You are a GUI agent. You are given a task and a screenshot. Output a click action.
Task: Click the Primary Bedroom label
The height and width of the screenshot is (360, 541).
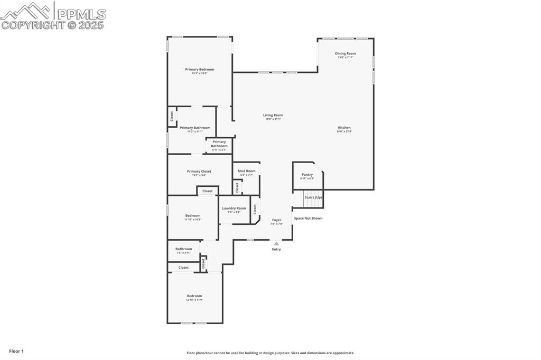pos(199,70)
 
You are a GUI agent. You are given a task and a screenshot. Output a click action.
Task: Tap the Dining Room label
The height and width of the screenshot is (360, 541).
pos(345,53)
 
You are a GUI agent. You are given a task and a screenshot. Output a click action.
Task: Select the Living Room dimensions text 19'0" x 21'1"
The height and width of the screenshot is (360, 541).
pos(273,119)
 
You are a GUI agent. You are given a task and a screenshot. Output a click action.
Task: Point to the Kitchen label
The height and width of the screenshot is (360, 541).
pos(344,128)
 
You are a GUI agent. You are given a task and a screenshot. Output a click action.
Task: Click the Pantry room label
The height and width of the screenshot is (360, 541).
pos(307,175)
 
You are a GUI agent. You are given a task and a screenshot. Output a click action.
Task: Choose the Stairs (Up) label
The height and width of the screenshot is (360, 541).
pos(313,197)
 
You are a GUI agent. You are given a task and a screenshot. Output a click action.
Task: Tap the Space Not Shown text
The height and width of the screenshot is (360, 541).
pos(308,218)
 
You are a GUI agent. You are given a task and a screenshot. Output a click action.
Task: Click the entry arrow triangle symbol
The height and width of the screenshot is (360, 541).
pos(276,243)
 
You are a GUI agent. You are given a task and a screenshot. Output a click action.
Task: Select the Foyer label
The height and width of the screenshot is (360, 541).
pos(277,220)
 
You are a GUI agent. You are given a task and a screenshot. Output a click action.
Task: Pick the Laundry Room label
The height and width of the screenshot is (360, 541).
pos(234,208)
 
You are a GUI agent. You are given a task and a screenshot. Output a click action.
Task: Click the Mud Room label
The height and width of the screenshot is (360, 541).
pos(246,171)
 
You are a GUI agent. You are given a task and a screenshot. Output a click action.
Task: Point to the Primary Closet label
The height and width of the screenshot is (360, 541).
pos(199,172)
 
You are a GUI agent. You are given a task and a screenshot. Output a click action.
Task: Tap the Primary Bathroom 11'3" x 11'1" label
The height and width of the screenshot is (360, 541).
pos(194,128)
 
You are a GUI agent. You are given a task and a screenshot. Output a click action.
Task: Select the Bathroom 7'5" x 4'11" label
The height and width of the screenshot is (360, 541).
pos(183,249)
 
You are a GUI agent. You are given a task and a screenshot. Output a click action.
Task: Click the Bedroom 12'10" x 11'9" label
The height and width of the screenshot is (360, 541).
pos(194,296)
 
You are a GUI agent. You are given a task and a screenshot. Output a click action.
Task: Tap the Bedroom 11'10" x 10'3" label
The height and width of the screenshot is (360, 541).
pos(192,215)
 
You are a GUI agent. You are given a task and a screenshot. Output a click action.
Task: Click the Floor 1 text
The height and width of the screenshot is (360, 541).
pos(16,351)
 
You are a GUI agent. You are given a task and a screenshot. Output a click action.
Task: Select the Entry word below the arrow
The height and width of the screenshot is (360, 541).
pos(276,249)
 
